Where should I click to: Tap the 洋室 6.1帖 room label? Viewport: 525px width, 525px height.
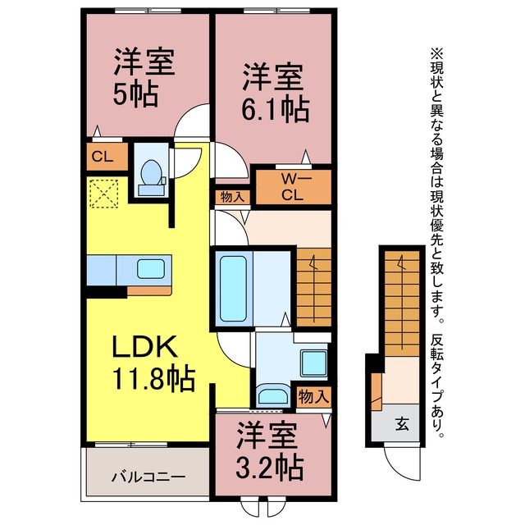pos(273,93)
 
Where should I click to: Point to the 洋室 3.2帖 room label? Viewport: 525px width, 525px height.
pos(270,450)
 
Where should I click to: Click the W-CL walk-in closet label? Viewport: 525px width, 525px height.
pos(292,187)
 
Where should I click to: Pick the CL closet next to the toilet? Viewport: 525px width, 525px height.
pos(103,157)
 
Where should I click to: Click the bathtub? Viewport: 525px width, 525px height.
pos(233,289)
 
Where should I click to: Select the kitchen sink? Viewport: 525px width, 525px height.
pos(151,269)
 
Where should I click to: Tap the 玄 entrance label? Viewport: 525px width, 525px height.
pos(402,425)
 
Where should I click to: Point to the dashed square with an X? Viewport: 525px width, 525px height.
pos(104,194)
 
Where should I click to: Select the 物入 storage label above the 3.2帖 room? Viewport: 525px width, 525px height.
pos(313,397)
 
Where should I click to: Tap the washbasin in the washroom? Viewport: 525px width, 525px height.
pos(273,395)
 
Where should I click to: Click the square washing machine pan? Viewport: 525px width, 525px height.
pos(313,363)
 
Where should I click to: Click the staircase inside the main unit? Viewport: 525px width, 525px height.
pos(314,287)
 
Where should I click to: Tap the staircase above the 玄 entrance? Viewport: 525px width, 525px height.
pos(402,304)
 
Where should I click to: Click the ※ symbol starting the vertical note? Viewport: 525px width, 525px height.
pos(436,52)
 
